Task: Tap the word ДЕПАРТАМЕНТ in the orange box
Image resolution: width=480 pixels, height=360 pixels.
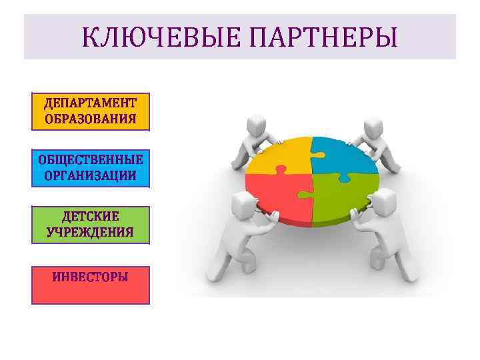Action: [91, 103]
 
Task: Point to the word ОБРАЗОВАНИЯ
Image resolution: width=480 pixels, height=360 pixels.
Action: [91, 119]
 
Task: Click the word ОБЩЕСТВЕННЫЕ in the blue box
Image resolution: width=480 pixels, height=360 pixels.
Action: [91, 160]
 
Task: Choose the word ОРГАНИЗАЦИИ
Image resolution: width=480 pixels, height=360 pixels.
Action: [91, 176]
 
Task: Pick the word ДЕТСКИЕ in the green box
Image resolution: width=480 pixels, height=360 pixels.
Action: [91, 217]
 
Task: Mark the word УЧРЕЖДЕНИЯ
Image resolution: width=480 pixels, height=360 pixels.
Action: [91, 233]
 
